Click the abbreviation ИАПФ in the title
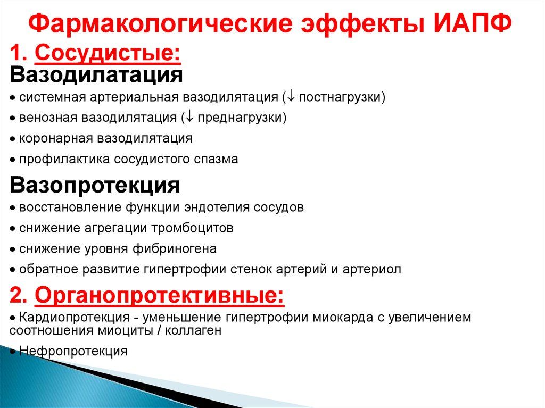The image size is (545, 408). (473, 23)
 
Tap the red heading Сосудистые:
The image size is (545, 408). (108, 54)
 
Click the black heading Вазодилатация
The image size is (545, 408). (96, 74)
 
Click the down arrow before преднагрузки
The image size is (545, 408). (189, 118)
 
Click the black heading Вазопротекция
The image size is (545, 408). (95, 185)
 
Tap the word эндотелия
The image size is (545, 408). (217, 207)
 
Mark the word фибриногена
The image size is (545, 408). (175, 249)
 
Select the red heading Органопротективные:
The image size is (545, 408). (159, 296)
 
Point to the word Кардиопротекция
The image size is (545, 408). (75, 317)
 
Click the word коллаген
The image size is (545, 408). (193, 330)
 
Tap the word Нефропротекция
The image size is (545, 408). (73, 351)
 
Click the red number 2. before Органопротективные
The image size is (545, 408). (19, 295)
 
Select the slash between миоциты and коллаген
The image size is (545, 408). (159, 330)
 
